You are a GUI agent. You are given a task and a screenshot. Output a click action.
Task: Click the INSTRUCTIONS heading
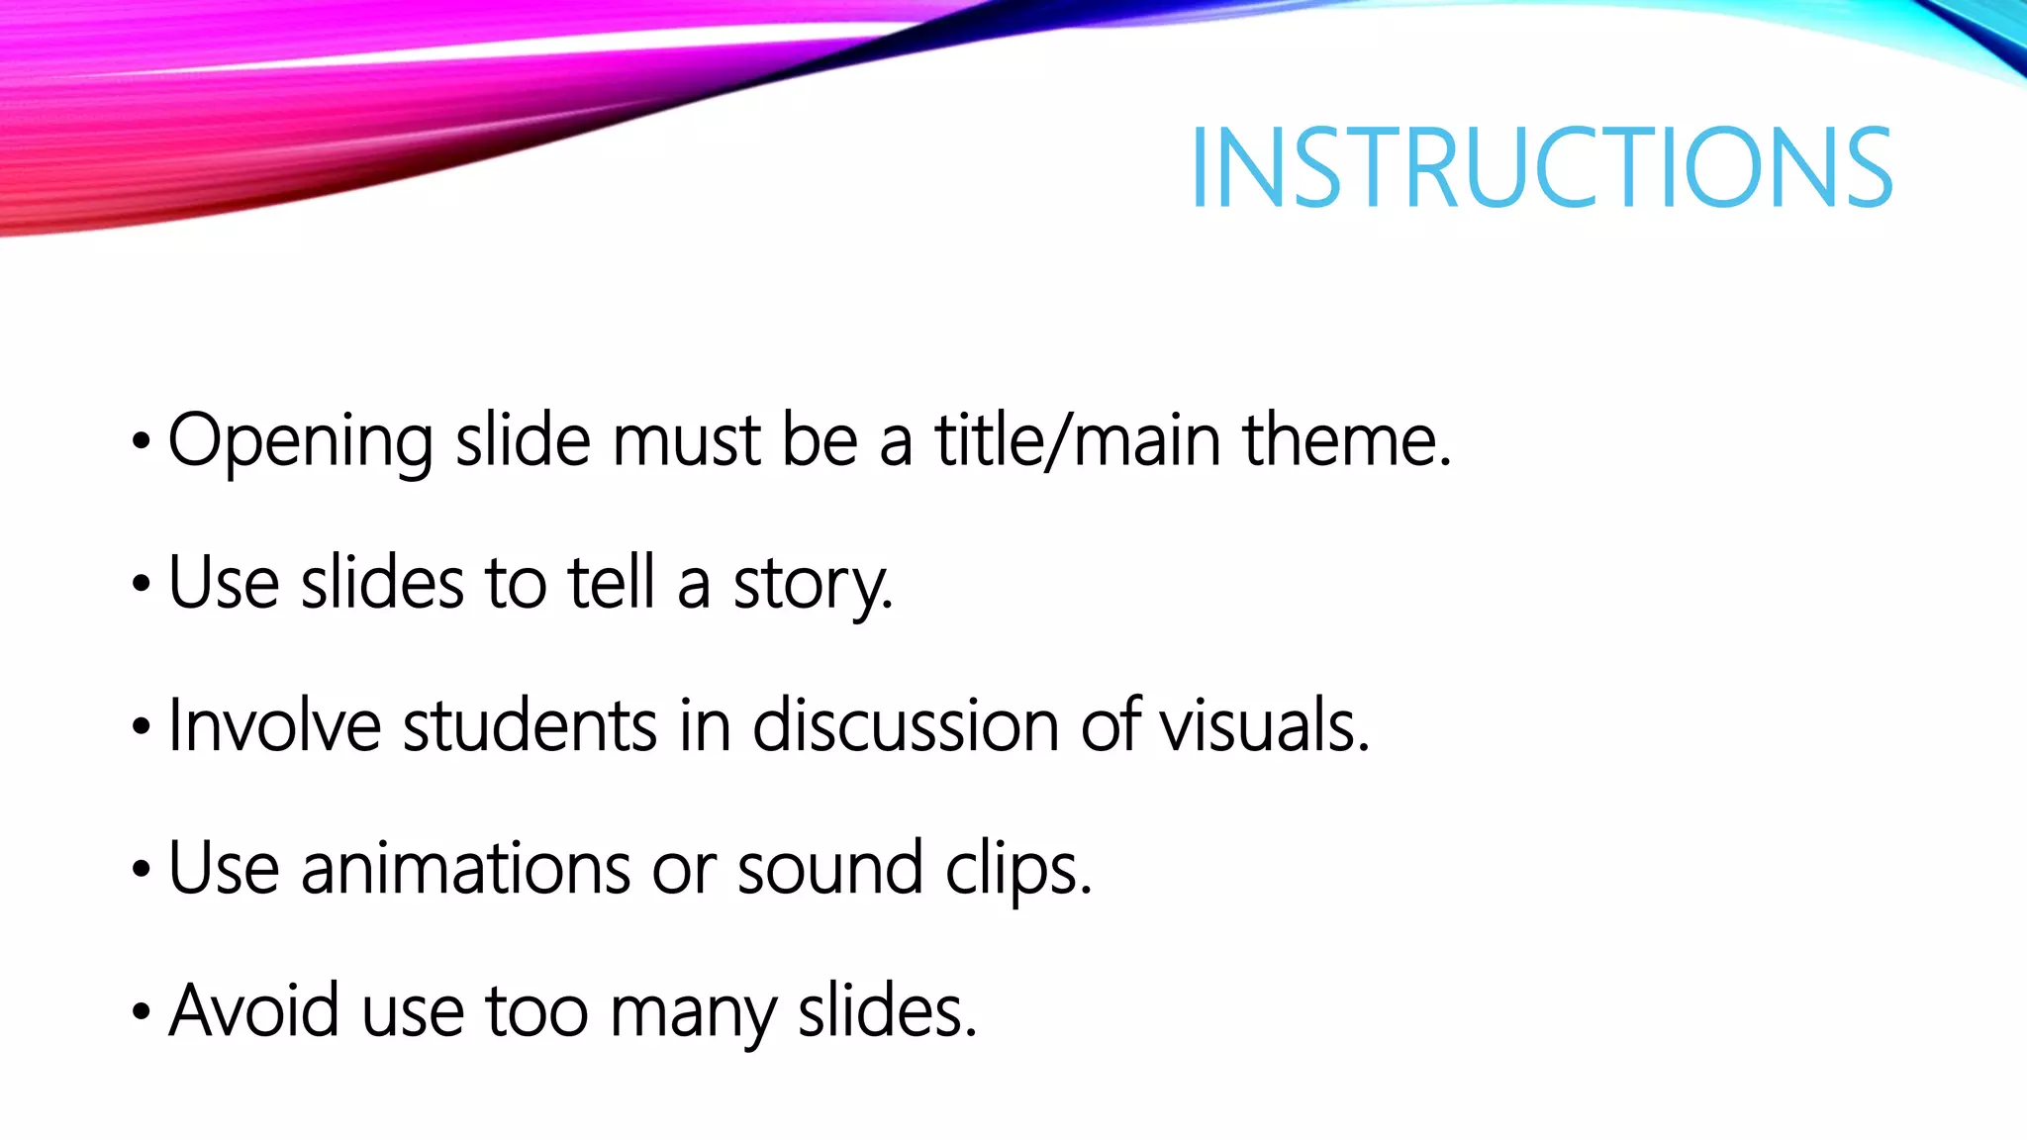(x=1541, y=168)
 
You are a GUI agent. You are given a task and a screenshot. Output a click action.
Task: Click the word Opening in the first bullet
(x=300, y=441)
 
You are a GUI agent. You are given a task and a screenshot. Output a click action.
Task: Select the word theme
(x=1346, y=441)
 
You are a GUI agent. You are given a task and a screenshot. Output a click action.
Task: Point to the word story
(x=812, y=584)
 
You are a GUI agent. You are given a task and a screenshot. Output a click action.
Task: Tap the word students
(x=530, y=725)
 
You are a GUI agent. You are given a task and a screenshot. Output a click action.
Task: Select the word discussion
(x=906, y=725)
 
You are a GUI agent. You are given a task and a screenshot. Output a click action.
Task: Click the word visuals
(x=1264, y=725)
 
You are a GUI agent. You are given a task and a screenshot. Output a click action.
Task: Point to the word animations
(x=465, y=869)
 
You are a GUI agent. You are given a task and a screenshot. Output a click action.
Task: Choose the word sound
(x=829, y=869)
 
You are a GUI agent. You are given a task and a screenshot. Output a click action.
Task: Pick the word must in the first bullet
(x=686, y=441)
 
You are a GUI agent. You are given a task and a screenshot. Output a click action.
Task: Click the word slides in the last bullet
(x=887, y=1011)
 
